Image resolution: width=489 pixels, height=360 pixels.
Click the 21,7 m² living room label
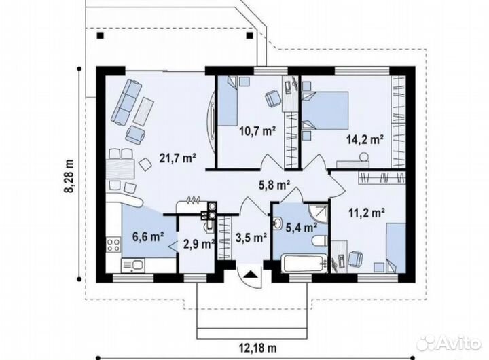[177, 158]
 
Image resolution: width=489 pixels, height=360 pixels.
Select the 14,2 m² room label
[365, 139]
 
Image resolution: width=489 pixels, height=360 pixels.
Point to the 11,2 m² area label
[367, 213]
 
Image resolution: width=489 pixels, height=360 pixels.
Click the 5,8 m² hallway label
[274, 185]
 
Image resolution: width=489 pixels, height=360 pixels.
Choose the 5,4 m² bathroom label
[302, 228]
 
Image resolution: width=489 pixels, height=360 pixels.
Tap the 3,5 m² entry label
[251, 238]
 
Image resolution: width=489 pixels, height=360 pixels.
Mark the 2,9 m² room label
[199, 244]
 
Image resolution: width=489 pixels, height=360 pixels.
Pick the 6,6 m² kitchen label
[149, 237]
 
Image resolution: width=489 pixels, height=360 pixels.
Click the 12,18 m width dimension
[258, 347]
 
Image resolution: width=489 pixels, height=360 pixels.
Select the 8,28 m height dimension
[70, 176]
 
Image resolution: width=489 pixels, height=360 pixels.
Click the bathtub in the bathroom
[304, 264]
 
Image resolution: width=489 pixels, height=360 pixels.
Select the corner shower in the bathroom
[318, 214]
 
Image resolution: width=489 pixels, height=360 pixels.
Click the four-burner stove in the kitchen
[113, 245]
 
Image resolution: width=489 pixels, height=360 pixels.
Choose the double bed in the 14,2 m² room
[325, 111]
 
